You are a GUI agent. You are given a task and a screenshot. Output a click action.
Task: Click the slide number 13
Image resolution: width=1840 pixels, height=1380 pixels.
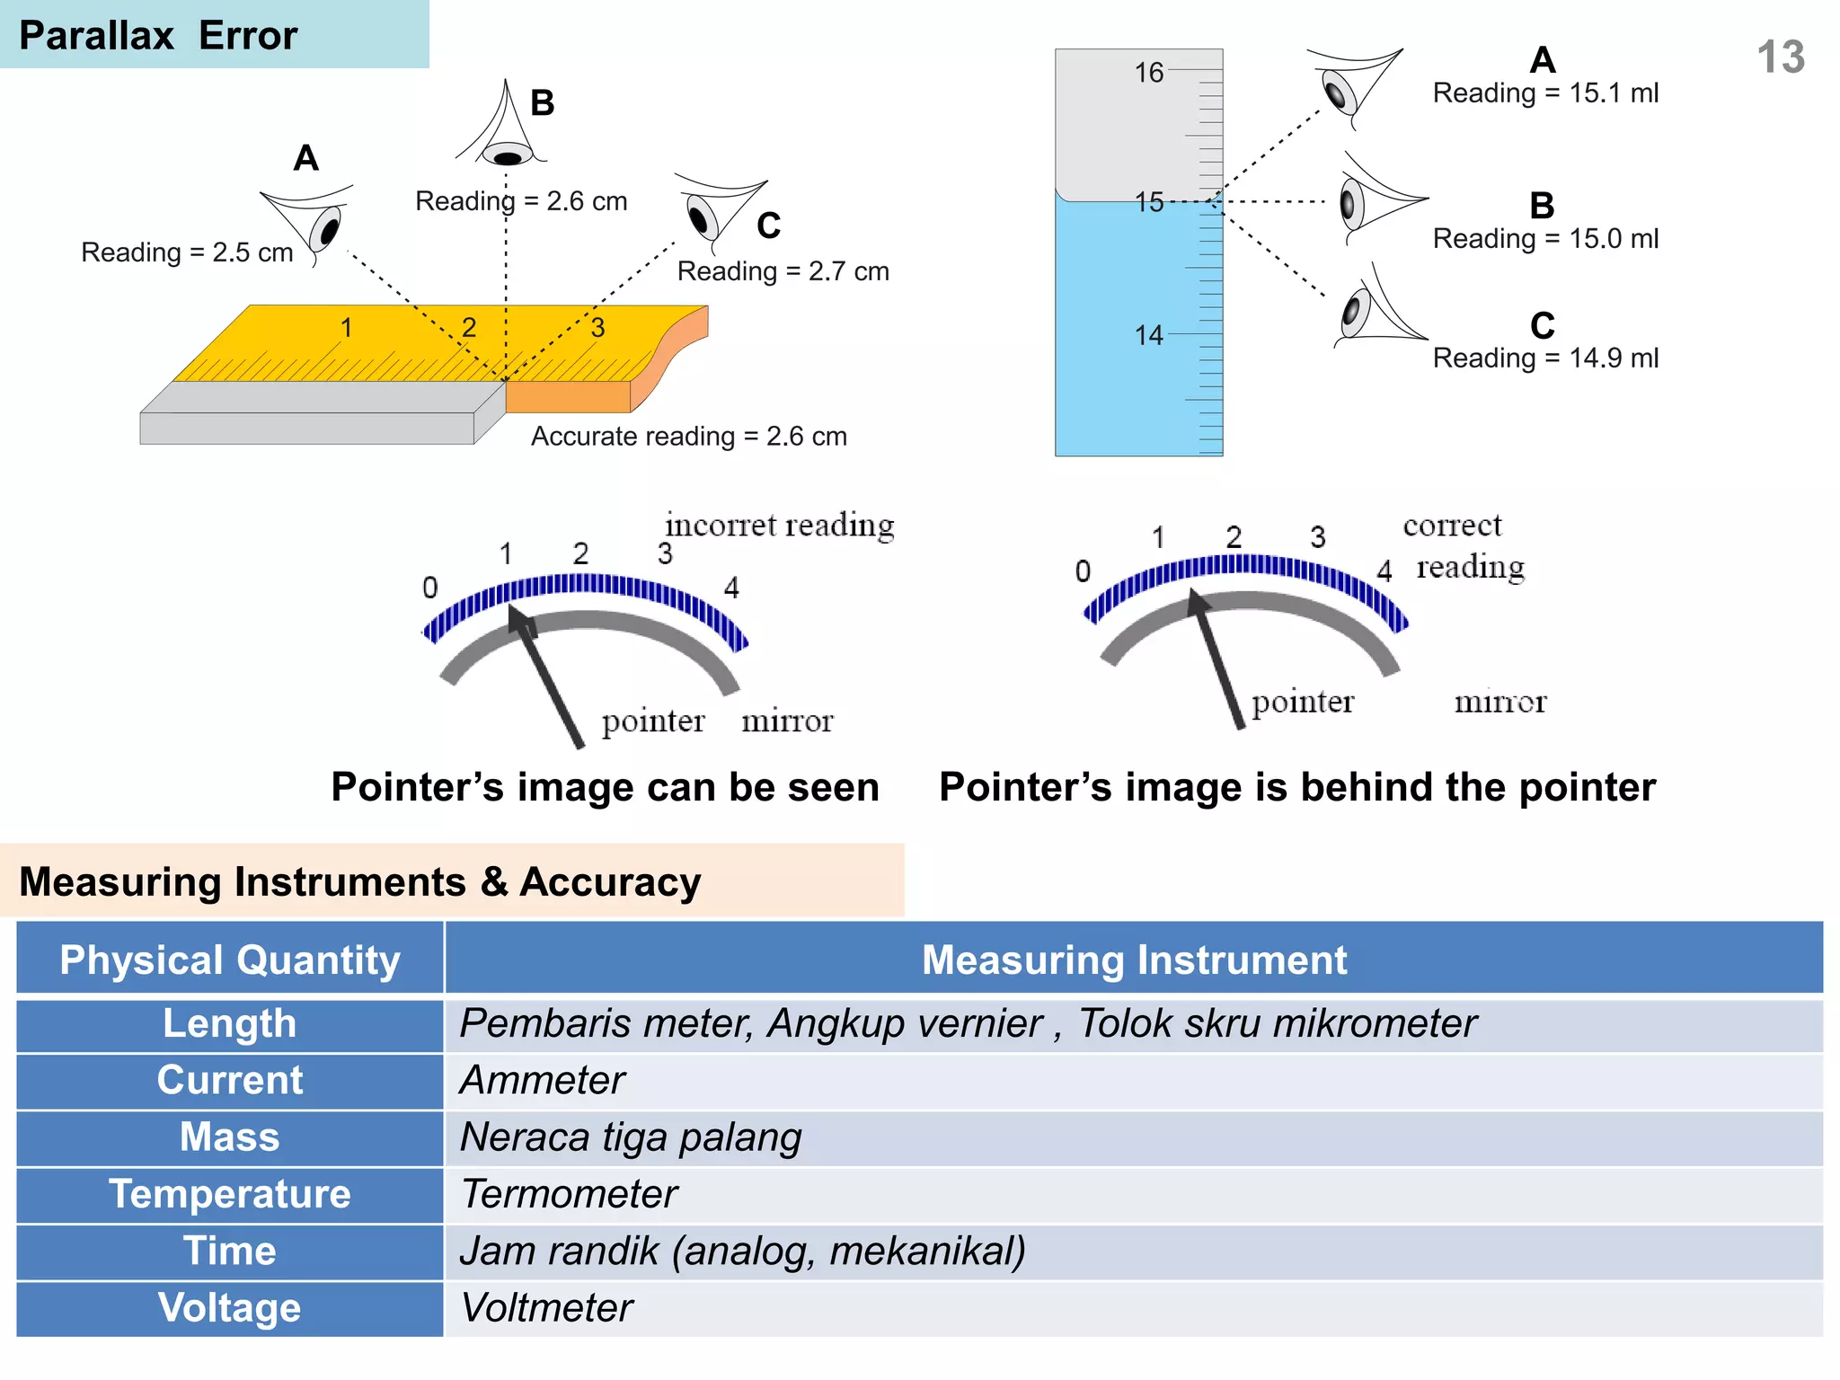(x=1780, y=57)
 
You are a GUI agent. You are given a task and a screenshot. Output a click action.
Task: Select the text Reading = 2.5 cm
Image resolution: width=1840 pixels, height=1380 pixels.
(x=187, y=252)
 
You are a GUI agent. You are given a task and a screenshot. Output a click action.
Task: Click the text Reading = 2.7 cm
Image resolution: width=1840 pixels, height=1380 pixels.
(x=783, y=271)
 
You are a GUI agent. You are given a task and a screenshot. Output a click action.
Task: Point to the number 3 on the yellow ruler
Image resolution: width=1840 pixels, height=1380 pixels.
(x=597, y=328)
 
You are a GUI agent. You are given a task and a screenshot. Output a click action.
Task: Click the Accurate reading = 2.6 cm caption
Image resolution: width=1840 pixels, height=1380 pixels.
(x=688, y=437)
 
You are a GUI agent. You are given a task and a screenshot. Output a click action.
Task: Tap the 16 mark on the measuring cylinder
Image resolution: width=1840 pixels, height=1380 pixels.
(x=1148, y=73)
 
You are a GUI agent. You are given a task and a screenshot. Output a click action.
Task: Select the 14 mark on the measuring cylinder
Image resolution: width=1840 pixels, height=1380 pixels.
(x=1148, y=336)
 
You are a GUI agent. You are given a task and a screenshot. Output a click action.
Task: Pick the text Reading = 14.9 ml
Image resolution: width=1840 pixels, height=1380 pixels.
(x=1545, y=358)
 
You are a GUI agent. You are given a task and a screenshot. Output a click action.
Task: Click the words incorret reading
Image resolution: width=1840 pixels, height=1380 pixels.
(x=779, y=526)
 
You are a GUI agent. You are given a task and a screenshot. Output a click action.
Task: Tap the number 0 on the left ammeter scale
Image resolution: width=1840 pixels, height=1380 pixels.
(x=430, y=588)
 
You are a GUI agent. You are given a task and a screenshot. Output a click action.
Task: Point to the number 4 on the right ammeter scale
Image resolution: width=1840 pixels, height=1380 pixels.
(x=1384, y=571)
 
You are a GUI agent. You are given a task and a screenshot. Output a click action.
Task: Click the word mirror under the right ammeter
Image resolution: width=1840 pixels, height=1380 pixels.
(x=1500, y=703)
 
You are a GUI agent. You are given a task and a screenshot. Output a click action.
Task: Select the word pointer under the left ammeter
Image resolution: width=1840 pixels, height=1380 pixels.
(x=653, y=721)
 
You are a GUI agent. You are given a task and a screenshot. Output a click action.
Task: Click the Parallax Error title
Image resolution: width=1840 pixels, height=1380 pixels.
(x=158, y=36)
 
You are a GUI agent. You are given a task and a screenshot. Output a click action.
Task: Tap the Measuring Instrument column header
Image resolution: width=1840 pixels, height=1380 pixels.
(x=1134, y=960)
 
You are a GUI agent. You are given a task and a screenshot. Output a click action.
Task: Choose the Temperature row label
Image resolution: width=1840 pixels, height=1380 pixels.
(x=230, y=1194)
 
